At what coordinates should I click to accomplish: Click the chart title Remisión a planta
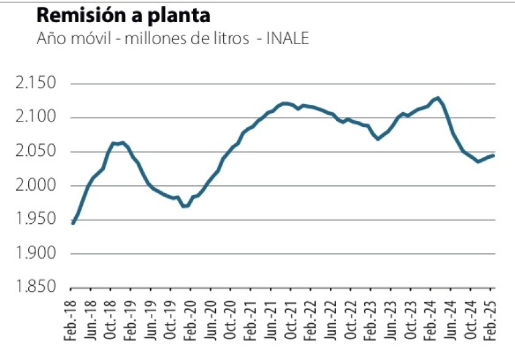[123, 15]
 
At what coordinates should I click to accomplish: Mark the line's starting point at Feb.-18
[73, 223]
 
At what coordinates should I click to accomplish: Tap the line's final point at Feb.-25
[493, 155]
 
